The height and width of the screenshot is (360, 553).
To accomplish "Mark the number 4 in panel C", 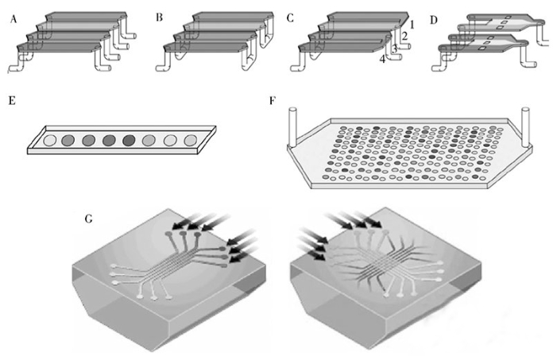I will point(383,60).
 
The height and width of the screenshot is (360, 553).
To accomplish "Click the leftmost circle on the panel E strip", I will point(49,141).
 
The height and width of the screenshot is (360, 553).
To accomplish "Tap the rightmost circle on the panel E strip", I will point(190,141).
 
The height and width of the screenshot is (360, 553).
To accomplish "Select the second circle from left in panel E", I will point(69,141).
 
